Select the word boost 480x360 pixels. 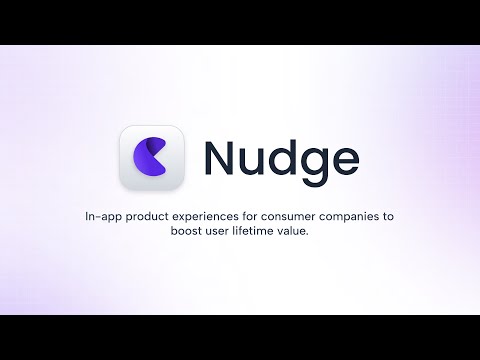pyautogui.click(x=173, y=232)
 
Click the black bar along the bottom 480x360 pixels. pyautogui.click(x=240, y=337)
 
